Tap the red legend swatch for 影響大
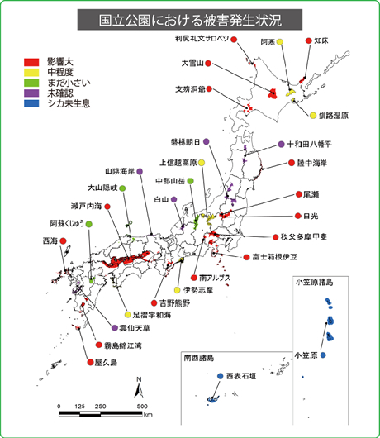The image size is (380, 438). click(x=31, y=62)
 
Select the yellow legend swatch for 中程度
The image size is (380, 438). click(x=31, y=72)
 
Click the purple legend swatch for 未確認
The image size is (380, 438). click(x=31, y=93)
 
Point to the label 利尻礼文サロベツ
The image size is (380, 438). click(x=201, y=39)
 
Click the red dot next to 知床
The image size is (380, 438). click(x=308, y=40)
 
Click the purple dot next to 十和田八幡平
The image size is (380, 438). click(x=281, y=142)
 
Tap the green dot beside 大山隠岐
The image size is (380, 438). click(x=122, y=188)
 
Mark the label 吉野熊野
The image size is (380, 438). click(x=174, y=302)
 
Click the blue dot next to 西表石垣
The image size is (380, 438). click(x=221, y=376)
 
